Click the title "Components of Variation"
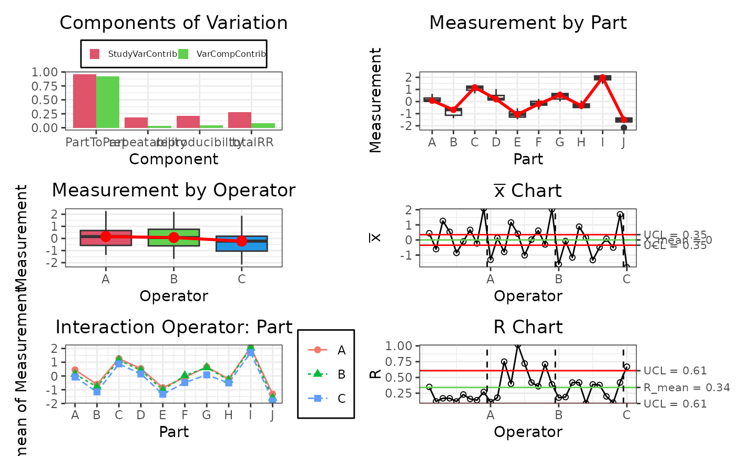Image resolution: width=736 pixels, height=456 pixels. (173, 23)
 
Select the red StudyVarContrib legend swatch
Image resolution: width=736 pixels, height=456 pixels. (95, 54)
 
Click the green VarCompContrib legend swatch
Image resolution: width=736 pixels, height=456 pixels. (183, 54)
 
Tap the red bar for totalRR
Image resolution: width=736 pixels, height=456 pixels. (239, 120)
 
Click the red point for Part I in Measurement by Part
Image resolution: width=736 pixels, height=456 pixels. (602, 77)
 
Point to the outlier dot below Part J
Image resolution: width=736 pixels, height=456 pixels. (623, 127)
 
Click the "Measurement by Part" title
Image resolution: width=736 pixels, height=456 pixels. (528, 23)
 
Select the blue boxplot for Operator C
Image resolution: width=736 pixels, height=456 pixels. (242, 243)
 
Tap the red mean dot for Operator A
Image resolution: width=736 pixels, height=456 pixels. (106, 236)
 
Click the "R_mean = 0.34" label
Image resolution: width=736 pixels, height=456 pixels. (687, 388)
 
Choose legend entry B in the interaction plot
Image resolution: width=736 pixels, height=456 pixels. (326, 374)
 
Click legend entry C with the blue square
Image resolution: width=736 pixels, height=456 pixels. (326, 399)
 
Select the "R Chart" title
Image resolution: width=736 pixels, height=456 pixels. (528, 327)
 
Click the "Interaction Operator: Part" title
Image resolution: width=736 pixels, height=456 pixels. (173, 327)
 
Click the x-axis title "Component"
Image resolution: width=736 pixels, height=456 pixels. (173, 159)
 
